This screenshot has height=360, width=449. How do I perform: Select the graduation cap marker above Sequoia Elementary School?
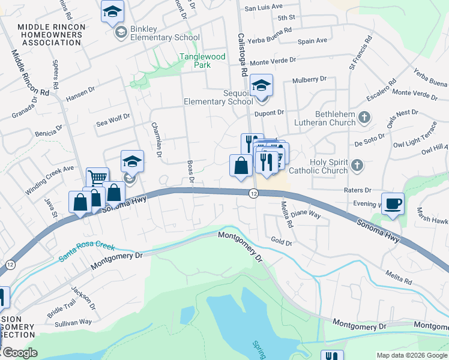261,86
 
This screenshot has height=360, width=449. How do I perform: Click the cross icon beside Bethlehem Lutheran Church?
364,118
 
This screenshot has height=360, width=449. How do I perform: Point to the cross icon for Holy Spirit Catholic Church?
357,166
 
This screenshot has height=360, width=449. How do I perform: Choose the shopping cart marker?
97,177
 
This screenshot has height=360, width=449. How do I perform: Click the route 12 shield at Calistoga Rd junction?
254,193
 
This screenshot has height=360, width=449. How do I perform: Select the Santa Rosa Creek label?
86,253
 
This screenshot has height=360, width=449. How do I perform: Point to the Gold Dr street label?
281,243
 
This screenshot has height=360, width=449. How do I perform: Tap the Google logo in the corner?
19,353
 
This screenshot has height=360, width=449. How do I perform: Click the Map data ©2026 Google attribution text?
411,355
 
